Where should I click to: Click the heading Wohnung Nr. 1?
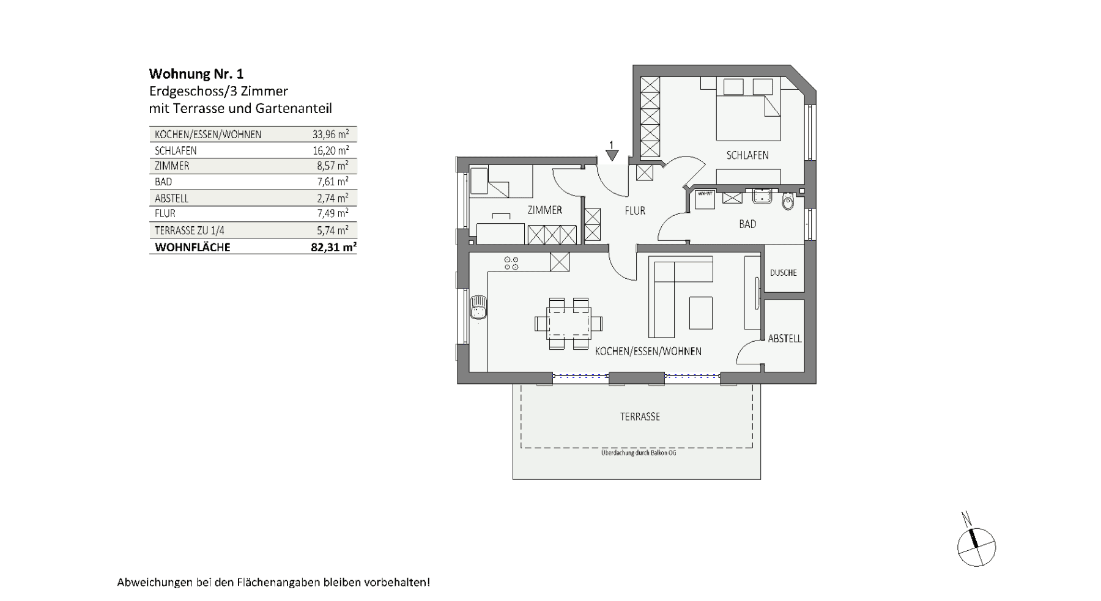tap(196, 74)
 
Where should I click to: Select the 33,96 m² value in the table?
tap(330, 135)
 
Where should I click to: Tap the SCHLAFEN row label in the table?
tap(176, 150)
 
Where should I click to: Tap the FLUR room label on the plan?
tap(634, 210)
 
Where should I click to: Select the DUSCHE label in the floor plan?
tap(783, 273)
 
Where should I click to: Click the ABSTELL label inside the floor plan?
tap(784, 338)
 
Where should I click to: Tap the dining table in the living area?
tap(568, 323)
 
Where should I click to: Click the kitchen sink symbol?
tap(478, 306)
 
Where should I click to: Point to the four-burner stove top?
tap(511, 264)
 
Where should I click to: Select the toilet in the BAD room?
tap(788, 202)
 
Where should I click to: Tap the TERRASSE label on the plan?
tap(640, 416)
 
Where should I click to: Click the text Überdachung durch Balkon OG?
tap(639, 452)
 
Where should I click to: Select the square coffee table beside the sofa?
tap(700, 312)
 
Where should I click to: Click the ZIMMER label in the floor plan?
tap(544, 210)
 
